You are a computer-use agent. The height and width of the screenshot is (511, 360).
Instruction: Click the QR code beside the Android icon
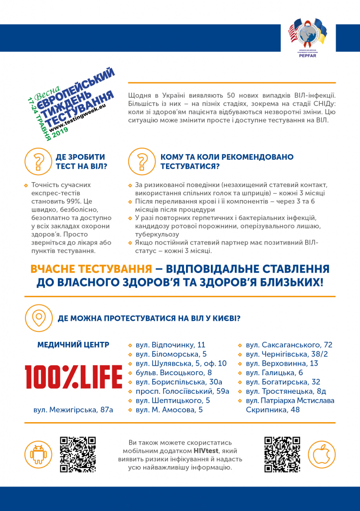[77, 454]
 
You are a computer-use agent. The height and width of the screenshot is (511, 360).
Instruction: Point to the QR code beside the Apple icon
[282, 454]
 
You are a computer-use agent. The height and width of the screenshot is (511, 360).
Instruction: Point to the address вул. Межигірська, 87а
[73, 410]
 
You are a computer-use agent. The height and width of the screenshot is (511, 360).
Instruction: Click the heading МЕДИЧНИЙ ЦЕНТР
[73, 345]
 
